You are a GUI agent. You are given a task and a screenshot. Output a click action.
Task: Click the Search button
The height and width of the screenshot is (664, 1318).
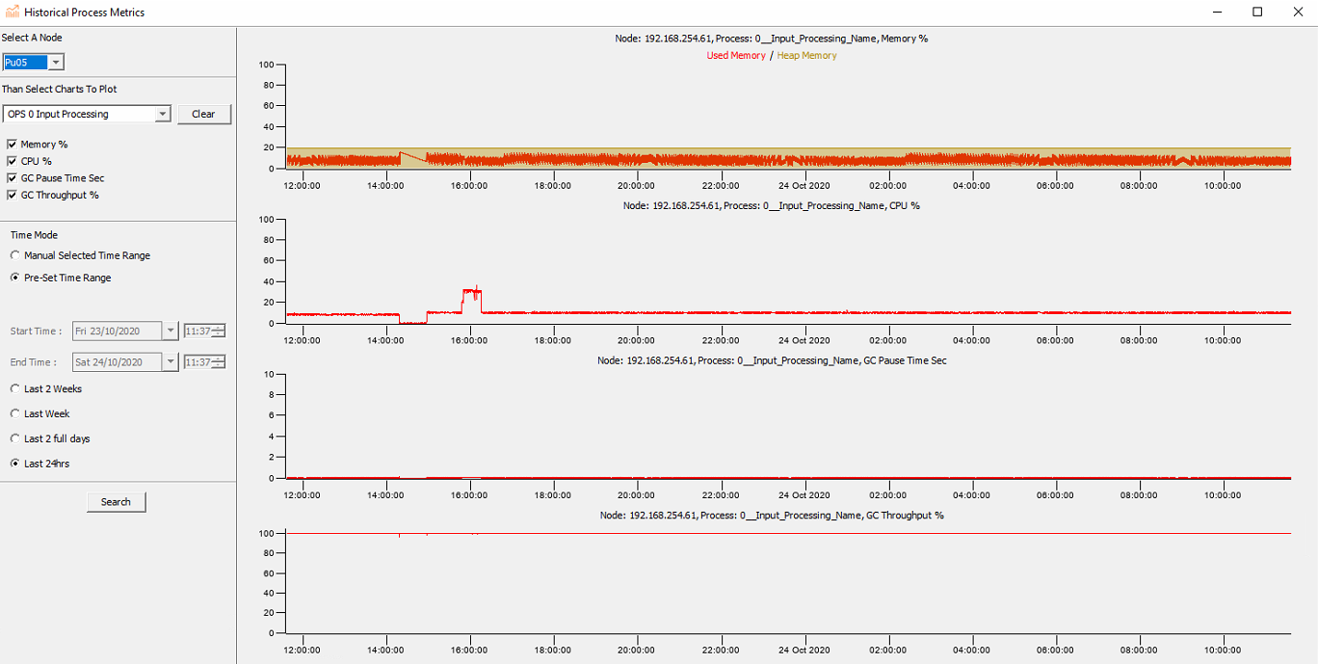click(x=116, y=502)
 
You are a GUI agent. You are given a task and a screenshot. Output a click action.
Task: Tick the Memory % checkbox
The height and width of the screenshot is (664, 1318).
click(x=12, y=145)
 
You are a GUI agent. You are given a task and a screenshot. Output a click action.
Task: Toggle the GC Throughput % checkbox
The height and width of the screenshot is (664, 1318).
click(x=12, y=196)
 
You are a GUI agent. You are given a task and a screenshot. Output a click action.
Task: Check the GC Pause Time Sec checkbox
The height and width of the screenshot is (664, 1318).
click(x=12, y=178)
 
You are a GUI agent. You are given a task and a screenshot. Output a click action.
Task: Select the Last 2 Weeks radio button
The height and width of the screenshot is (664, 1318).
click(x=14, y=389)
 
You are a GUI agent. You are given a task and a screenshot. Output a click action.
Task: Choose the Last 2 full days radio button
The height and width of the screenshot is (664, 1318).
click(x=14, y=439)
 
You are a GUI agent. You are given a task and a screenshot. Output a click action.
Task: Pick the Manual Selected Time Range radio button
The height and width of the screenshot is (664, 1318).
click(x=14, y=256)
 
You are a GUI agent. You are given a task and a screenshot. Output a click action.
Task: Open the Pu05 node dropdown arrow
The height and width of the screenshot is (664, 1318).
click(x=56, y=63)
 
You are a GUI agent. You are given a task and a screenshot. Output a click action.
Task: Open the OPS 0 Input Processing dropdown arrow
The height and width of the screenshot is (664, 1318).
click(x=162, y=114)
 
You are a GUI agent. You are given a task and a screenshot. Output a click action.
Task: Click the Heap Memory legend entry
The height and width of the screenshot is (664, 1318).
click(x=806, y=56)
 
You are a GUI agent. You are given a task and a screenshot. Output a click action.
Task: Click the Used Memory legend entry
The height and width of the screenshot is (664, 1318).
click(x=736, y=56)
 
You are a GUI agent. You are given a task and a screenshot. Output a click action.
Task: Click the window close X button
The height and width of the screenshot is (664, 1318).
click(x=1297, y=12)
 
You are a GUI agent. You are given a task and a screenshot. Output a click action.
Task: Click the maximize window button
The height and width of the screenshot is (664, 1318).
click(x=1257, y=12)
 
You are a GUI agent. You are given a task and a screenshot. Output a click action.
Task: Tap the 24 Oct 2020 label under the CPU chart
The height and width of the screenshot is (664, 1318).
click(x=803, y=340)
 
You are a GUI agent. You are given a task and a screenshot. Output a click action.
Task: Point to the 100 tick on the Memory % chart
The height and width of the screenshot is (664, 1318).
click(x=268, y=65)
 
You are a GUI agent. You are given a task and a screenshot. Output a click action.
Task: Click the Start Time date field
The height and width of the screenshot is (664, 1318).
click(x=118, y=332)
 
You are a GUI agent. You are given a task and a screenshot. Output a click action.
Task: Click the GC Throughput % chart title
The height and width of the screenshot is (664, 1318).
click(x=771, y=516)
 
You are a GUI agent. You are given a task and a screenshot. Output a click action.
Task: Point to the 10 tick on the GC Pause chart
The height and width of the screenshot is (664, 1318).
click(x=271, y=374)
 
